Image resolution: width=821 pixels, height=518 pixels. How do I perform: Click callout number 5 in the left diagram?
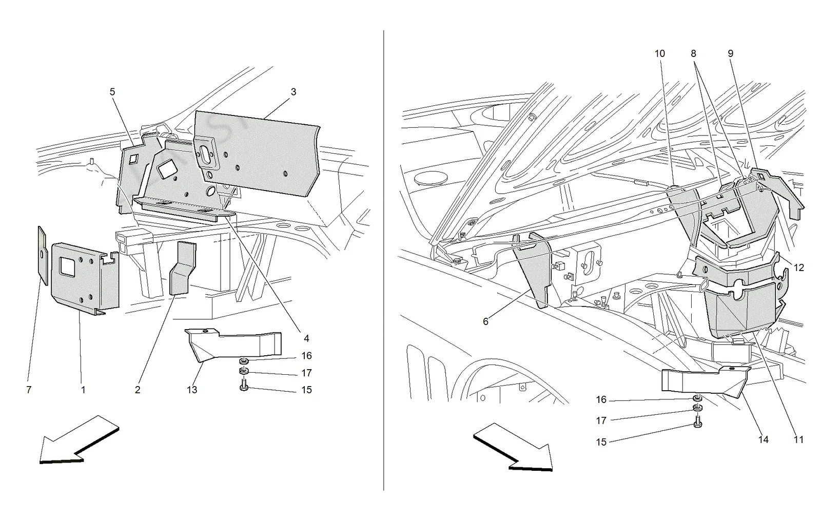(x=112, y=92)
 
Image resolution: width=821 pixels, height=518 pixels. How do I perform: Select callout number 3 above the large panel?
(x=293, y=92)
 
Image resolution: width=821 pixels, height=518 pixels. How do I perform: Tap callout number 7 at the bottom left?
(x=29, y=390)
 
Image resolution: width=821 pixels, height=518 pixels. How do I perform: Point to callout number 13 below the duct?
(x=192, y=390)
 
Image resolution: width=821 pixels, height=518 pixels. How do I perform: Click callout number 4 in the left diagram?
(x=306, y=338)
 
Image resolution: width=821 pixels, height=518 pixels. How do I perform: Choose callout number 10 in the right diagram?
(x=660, y=53)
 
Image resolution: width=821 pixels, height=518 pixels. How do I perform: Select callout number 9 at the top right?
(x=731, y=53)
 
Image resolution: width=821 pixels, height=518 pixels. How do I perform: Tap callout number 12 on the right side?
(x=798, y=267)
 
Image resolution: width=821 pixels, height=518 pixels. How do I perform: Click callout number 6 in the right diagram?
(x=485, y=321)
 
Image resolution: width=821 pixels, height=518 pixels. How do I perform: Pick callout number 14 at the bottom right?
(x=764, y=439)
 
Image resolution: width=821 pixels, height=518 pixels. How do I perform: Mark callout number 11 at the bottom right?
(x=798, y=439)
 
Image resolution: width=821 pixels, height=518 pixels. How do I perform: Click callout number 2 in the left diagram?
(x=138, y=390)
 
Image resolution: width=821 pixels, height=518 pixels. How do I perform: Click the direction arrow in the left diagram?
(x=79, y=440)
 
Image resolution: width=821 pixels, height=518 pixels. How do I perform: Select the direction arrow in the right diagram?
(x=513, y=447)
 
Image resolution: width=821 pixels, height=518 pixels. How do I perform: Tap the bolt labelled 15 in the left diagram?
(x=244, y=387)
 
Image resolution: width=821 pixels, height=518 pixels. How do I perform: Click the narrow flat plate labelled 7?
(x=43, y=256)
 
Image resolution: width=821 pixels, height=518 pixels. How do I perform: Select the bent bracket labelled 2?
(x=183, y=268)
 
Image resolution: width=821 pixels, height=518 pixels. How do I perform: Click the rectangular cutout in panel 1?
(x=67, y=266)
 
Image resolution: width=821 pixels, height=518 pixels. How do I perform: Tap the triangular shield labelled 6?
(x=532, y=270)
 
